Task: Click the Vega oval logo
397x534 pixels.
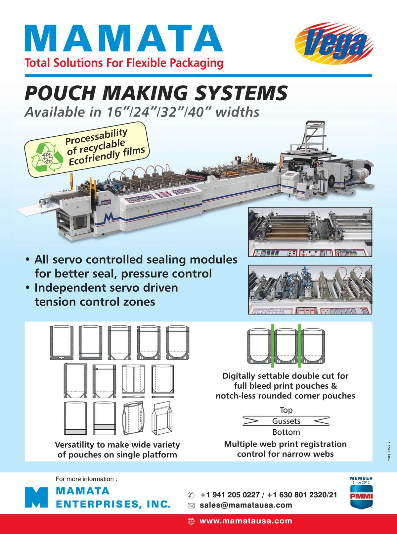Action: point(334,44)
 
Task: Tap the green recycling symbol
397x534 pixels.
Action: point(47,157)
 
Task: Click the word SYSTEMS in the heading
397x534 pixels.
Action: point(241,93)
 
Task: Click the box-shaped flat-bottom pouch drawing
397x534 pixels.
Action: point(162,419)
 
